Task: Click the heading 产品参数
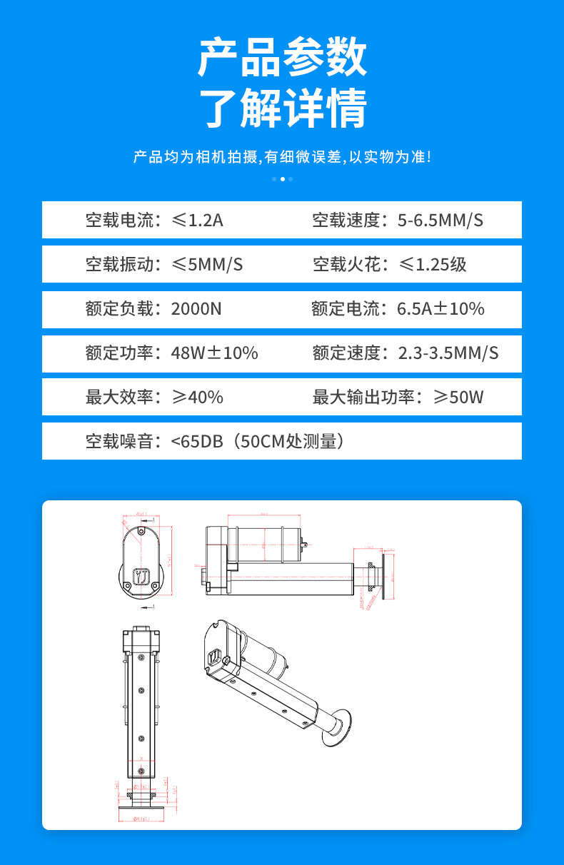coord(282,58)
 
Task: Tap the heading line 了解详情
coord(282,108)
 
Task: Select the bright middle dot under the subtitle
coord(282,179)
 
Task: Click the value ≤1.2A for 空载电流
coord(197,221)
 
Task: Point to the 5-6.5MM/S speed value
coord(440,221)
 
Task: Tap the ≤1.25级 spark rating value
coord(432,265)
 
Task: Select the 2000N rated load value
coord(196,309)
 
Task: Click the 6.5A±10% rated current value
coord(440,309)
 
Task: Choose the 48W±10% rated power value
coord(214,353)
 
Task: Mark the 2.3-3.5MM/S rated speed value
coord(448,353)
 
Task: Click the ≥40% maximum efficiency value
coord(197,398)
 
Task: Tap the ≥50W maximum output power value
coord(458,398)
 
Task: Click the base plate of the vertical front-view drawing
coord(140,802)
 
